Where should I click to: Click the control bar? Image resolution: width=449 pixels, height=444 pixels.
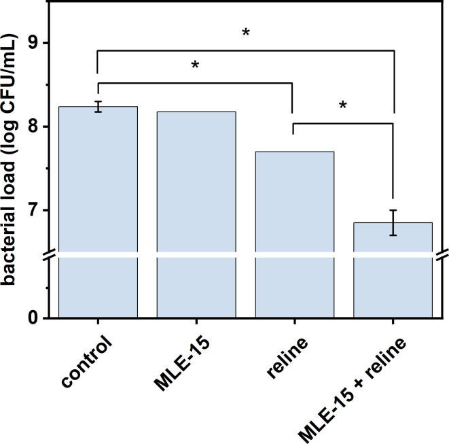98,211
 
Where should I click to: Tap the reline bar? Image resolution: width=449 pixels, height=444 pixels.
294,234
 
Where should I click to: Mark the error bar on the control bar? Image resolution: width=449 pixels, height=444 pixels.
98,106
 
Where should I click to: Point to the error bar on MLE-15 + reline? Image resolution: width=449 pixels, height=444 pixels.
393,222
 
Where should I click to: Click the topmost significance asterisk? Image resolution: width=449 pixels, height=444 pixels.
246,33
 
